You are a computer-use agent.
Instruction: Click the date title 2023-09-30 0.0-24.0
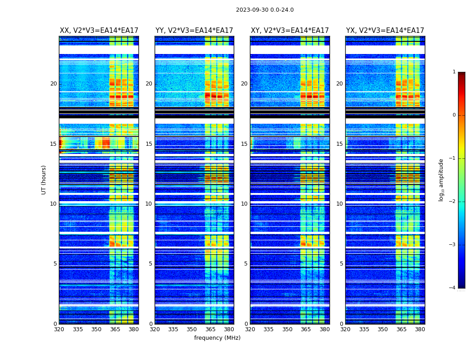pyautogui.click(x=265, y=10)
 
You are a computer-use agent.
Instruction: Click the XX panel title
pyautogui.click(x=99, y=31)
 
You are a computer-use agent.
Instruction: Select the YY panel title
pyautogui.click(x=194, y=31)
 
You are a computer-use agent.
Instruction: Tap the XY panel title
pyautogui.click(x=290, y=31)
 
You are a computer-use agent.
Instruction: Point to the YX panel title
pyautogui.click(x=385, y=31)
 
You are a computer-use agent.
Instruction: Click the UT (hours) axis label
pyautogui.click(x=44, y=180)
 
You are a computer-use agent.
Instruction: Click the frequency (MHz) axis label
pyautogui.click(x=217, y=338)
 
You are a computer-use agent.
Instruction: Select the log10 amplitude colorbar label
pyautogui.click(x=441, y=180)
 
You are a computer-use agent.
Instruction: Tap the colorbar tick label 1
pyautogui.click(x=454, y=72)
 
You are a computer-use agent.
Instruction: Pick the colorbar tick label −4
pyautogui.click(x=453, y=288)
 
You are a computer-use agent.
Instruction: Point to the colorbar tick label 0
pyautogui.click(x=454, y=115)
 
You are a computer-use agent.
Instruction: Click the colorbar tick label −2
pyautogui.click(x=453, y=202)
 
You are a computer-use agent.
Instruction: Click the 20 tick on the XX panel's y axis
pyautogui.click(x=53, y=84)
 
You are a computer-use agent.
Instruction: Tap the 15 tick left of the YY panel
pyautogui.click(x=149, y=144)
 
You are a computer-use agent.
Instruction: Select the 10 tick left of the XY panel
pyautogui.click(x=244, y=204)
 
